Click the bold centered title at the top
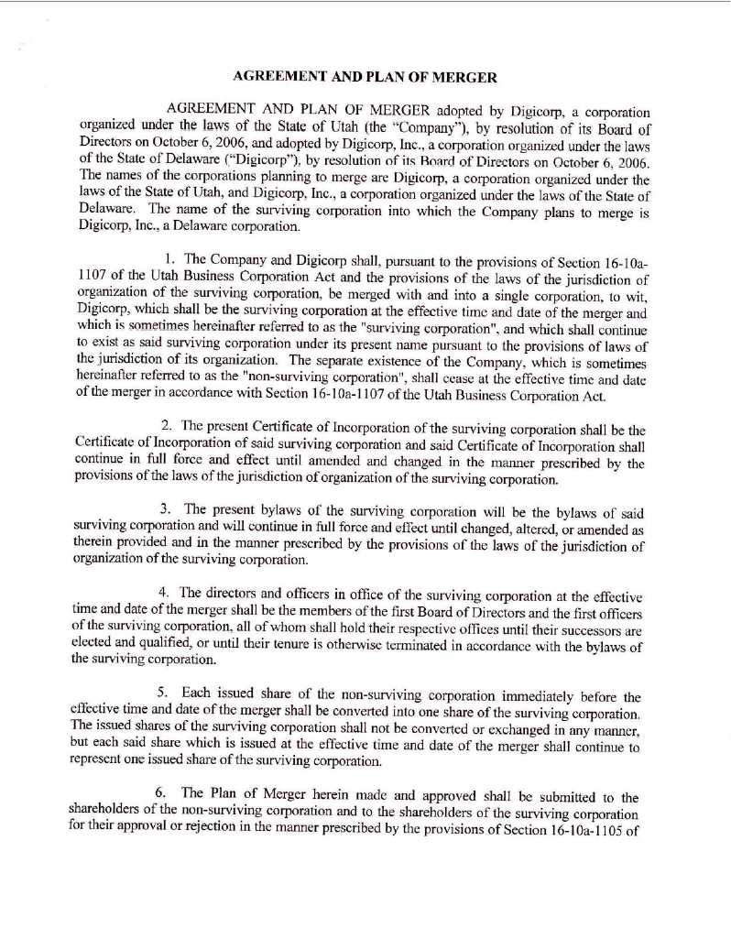click(x=365, y=76)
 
